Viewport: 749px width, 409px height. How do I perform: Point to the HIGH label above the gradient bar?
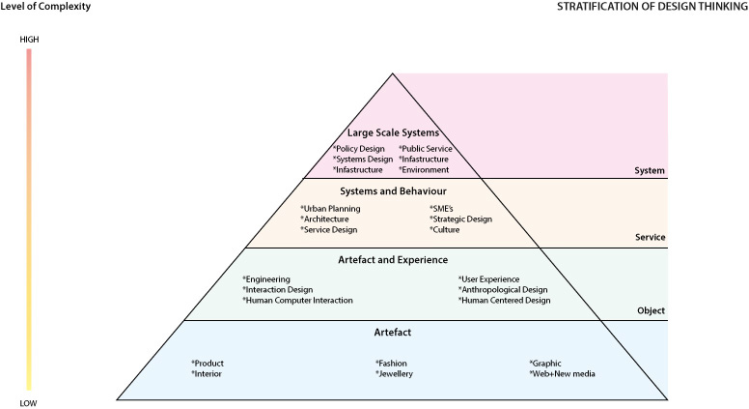tap(29, 40)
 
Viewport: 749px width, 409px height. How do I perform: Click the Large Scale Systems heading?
tap(393, 132)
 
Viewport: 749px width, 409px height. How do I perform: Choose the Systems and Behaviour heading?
tap(393, 191)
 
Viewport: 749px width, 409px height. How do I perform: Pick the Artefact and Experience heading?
tap(393, 259)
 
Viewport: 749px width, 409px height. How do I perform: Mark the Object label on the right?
tap(652, 311)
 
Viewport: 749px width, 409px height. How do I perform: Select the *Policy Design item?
tap(359, 149)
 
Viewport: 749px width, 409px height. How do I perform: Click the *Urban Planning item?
tap(331, 209)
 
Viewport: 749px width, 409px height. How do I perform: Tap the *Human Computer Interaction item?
tap(297, 301)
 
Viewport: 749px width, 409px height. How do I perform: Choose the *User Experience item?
tap(489, 279)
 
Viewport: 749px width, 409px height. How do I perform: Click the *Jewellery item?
tap(394, 374)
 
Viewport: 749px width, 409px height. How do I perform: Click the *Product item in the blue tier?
tap(208, 364)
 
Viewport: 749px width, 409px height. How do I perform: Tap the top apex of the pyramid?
tap(393, 73)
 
